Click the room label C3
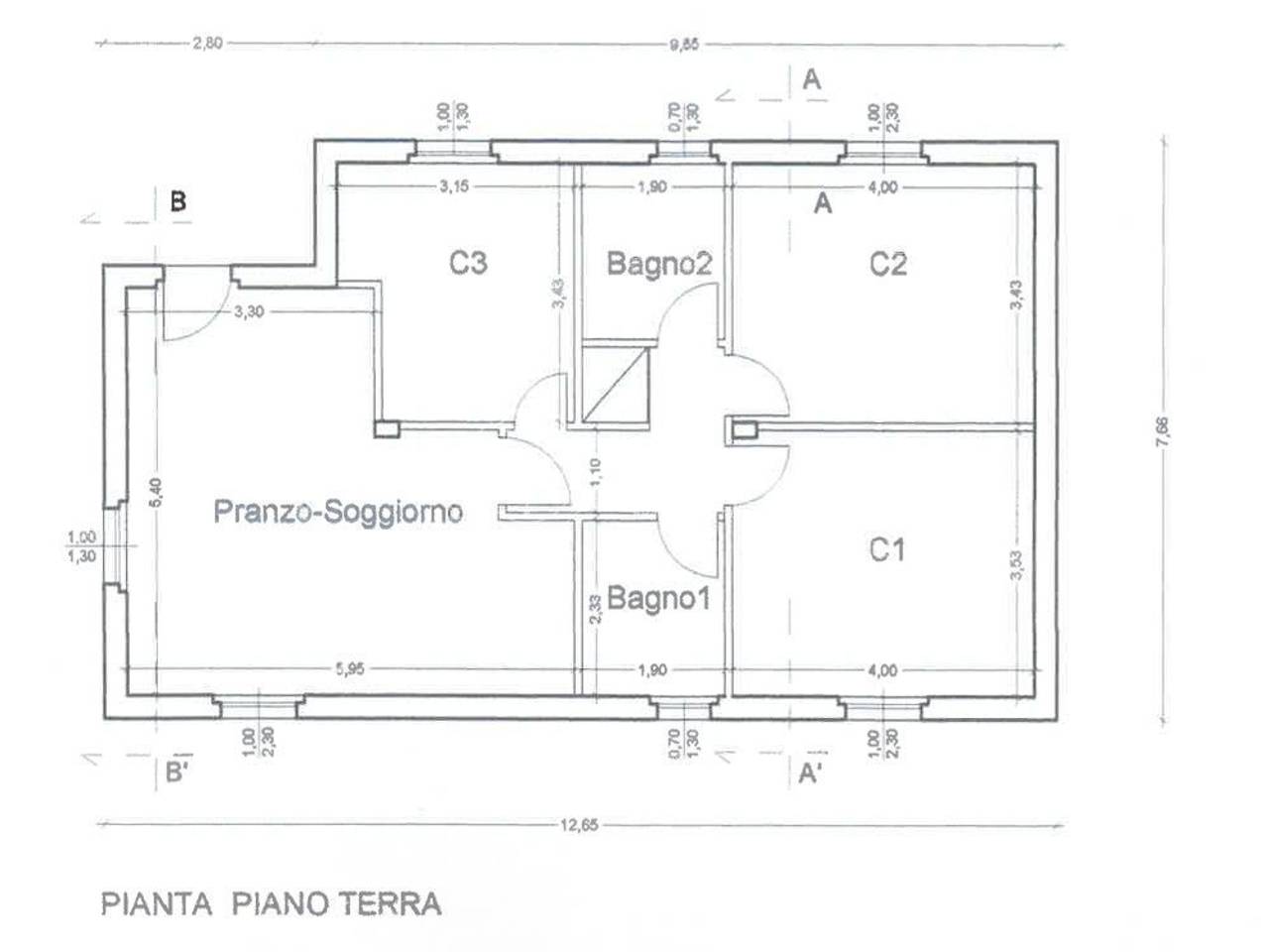[468, 263]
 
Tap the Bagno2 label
[659, 264]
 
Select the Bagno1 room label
[658, 598]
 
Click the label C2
[887, 264]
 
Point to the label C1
[886, 548]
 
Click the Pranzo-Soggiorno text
[338, 512]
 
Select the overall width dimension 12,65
[580, 824]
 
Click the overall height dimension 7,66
[1162, 432]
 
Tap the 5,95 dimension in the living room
[349, 669]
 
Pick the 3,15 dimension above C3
[454, 186]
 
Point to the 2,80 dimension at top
[207, 43]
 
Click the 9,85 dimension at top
[684, 43]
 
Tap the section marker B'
[176, 773]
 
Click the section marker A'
[810, 773]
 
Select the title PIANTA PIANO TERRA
[271, 903]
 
